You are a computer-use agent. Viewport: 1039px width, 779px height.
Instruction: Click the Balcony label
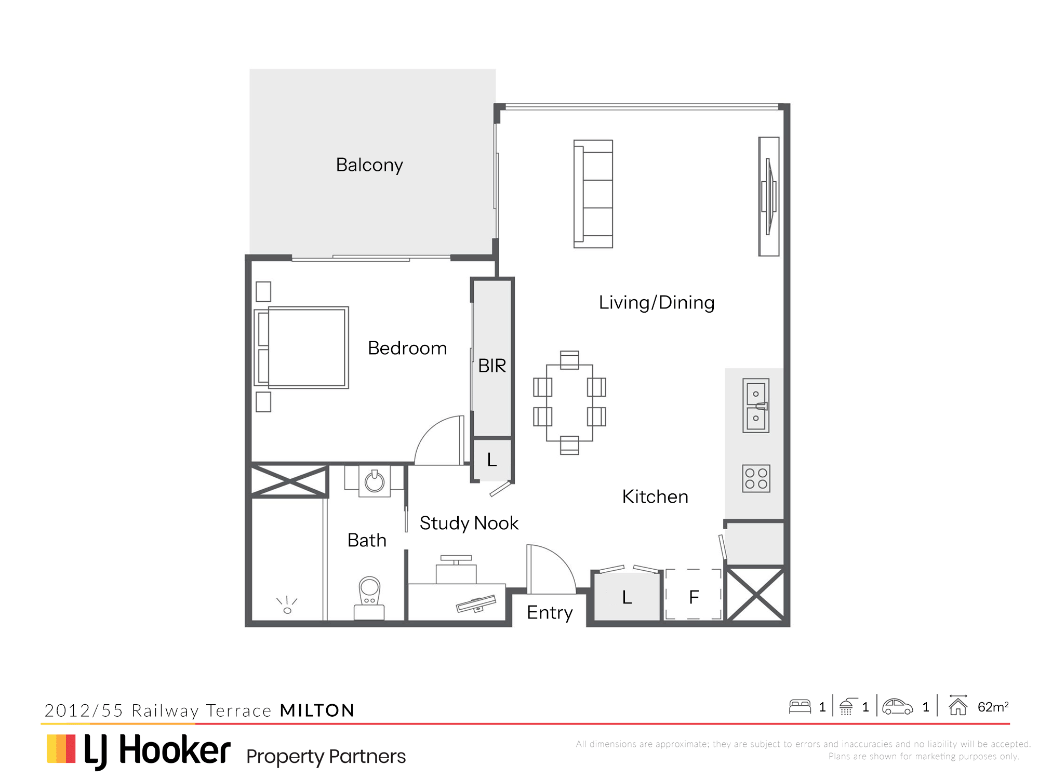pos(369,165)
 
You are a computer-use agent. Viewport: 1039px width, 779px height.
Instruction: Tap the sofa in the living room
pos(593,194)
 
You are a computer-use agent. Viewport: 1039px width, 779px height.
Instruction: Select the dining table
pos(569,402)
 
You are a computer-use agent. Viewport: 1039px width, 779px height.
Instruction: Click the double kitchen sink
pos(756,406)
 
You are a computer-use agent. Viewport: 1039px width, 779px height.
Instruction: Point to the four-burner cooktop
pos(756,478)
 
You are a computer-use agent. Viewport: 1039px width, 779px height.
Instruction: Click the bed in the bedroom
pos(301,347)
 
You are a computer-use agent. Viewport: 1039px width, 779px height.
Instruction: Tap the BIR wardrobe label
pos(492,366)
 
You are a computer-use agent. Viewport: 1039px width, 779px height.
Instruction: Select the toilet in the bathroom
pos(369,598)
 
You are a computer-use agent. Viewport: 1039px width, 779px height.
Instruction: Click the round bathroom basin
pos(375,482)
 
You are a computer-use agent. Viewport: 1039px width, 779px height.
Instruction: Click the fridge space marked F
pos(694,594)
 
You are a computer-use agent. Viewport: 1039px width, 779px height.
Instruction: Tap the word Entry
pos(550,613)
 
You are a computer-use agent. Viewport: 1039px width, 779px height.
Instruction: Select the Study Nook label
pos(469,523)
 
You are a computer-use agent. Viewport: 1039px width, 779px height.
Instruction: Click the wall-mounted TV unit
pos(769,196)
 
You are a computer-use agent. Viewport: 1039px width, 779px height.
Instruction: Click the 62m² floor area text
pos(993,707)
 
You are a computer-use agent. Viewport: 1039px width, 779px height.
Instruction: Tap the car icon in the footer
pos(898,706)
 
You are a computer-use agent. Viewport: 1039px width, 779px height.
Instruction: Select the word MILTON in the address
pos(317,710)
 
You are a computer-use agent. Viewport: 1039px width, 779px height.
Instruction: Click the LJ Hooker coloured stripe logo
pos(61,748)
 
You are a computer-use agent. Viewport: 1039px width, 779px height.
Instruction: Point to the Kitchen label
pos(655,497)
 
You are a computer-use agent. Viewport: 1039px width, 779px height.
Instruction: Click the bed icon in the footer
pos(800,706)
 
